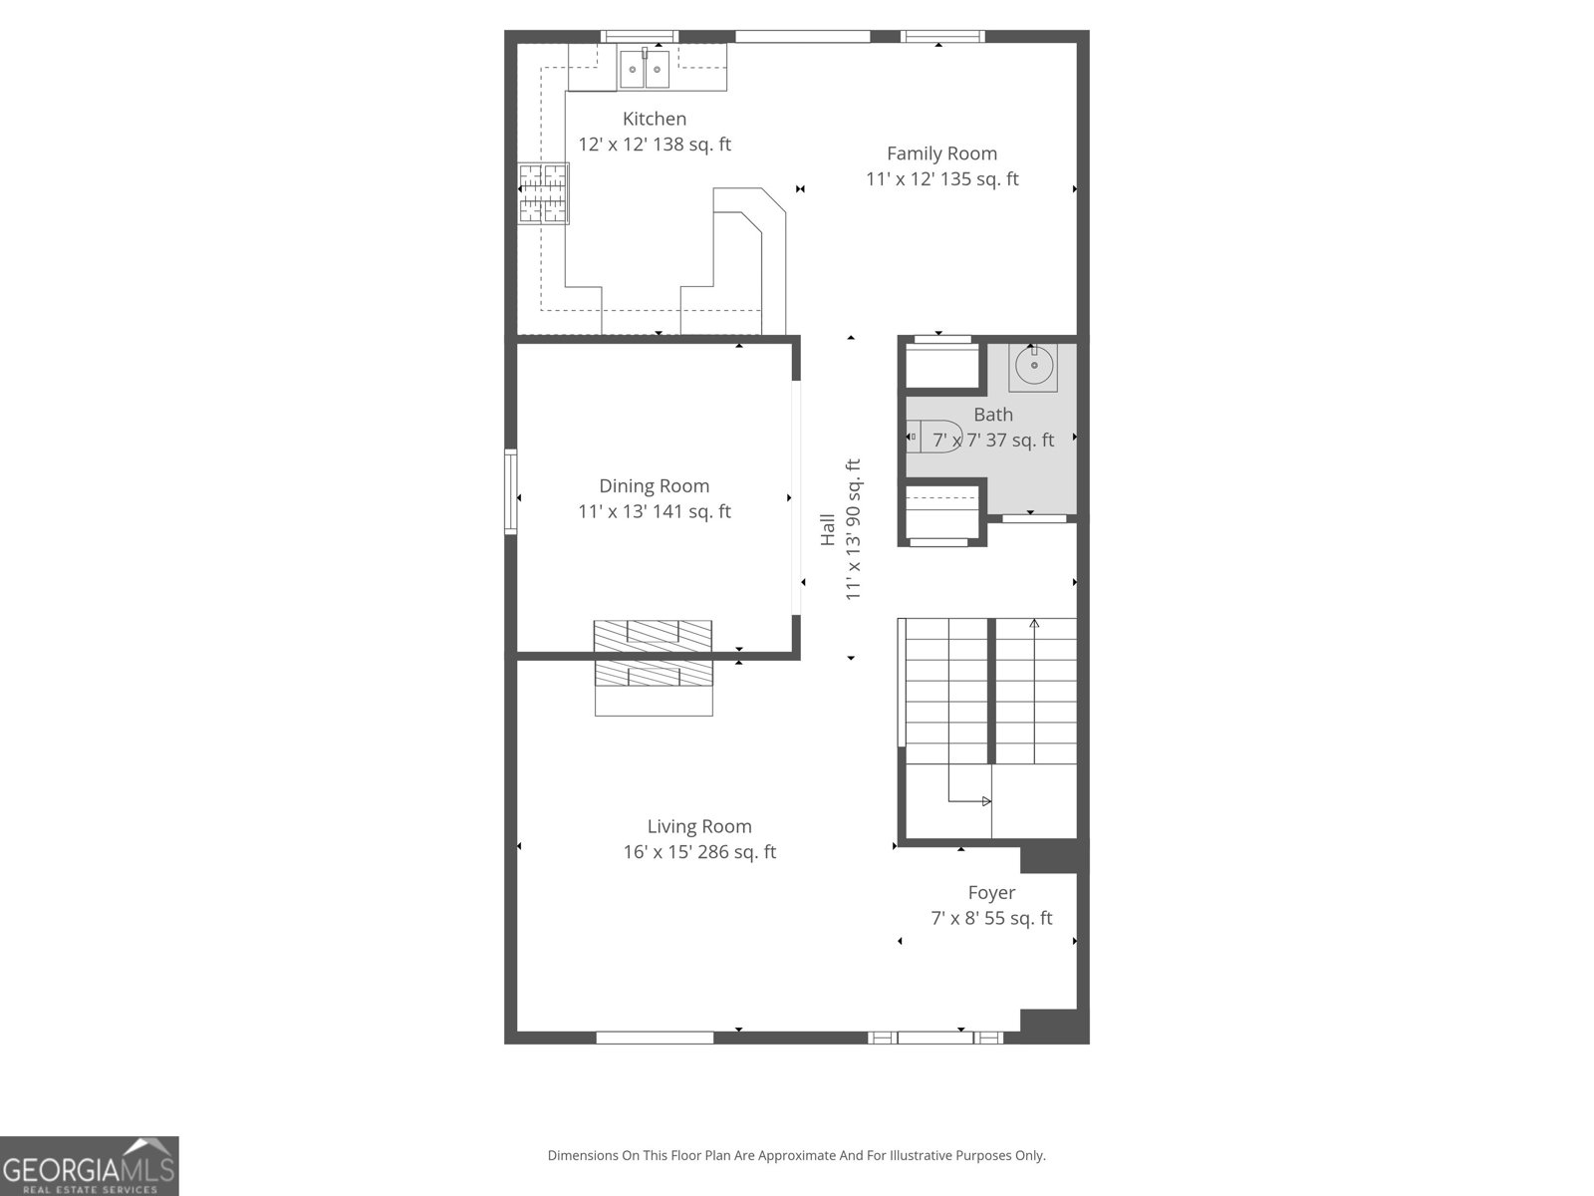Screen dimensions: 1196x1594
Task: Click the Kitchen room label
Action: point(655,119)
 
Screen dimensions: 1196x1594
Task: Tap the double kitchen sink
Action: point(645,70)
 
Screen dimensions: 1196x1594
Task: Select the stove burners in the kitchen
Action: point(543,193)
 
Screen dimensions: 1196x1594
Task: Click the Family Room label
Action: point(941,153)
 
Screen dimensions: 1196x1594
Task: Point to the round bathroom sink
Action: point(1033,366)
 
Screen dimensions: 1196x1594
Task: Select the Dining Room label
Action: point(655,486)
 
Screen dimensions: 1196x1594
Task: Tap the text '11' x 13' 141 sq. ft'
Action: point(655,512)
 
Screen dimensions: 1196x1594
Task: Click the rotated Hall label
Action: point(828,529)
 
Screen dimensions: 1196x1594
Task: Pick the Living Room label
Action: point(699,826)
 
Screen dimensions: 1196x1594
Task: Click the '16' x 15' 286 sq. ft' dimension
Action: point(699,852)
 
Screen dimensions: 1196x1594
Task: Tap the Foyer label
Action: point(991,893)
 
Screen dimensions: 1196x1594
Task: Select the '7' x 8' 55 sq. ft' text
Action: point(991,919)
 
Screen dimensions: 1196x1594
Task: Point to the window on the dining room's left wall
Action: point(511,491)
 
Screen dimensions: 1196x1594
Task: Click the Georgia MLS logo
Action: point(90,1166)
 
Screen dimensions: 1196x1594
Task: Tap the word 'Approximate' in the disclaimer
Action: point(796,1156)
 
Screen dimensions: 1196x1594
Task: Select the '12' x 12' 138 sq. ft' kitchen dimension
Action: point(655,145)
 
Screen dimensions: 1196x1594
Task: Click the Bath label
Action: point(993,415)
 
